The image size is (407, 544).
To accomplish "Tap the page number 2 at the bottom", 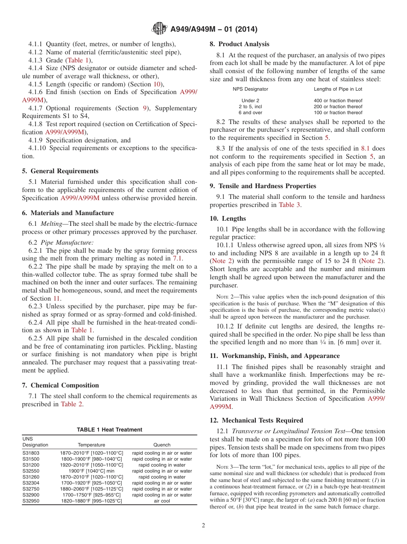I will (x=203, y=526).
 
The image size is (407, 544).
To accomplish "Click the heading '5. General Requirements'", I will (x=60, y=171).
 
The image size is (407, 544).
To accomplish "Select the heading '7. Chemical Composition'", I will (x=60, y=385).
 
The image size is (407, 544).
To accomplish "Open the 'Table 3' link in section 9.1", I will (x=290, y=205).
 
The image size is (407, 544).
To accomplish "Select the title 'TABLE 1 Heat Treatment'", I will (x=110, y=430).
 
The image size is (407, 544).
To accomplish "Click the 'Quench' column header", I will (x=162, y=445).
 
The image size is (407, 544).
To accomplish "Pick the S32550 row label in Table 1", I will (x=32, y=471).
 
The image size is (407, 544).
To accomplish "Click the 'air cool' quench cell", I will (x=162, y=501).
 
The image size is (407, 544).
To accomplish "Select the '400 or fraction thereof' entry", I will (x=338, y=101).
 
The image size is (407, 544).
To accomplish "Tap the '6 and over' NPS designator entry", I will (x=251, y=112).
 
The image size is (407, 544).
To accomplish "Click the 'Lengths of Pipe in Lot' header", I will (x=338, y=89).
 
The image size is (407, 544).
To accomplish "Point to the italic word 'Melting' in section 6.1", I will (x=51, y=224).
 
